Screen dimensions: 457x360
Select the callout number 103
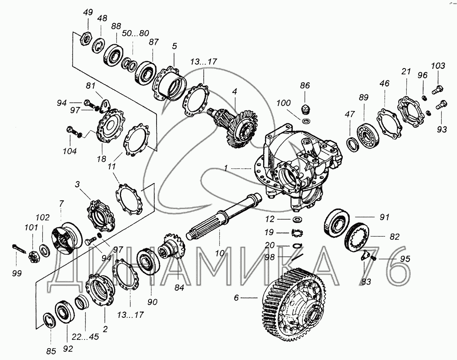438,66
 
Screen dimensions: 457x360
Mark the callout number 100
284,103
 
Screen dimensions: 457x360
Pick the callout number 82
395,237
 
